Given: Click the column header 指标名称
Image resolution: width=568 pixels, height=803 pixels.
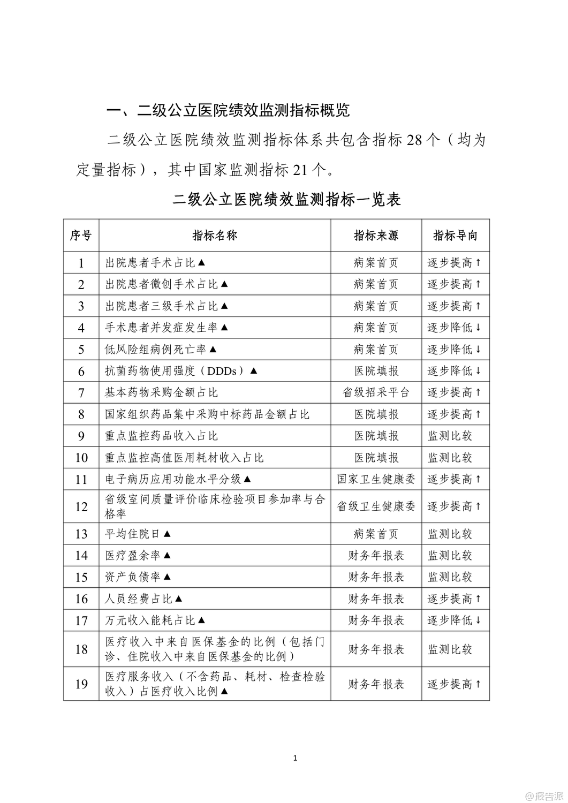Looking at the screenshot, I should point(215,235).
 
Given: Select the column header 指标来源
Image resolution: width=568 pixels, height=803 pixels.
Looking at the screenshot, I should point(376,235).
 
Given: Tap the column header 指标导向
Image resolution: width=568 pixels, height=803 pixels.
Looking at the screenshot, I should point(455,235).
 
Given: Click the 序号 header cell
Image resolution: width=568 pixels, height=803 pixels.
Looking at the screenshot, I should point(81,235).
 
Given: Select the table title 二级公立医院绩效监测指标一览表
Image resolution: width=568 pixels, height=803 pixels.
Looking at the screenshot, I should point(287,200).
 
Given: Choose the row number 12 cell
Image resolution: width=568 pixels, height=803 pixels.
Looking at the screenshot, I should point(81,506).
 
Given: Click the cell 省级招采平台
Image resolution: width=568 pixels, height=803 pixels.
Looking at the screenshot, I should point(376,392).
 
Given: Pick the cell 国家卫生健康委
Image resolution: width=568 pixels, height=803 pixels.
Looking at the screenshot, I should point(376,479).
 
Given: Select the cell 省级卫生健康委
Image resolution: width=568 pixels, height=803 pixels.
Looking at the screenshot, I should point(376,506).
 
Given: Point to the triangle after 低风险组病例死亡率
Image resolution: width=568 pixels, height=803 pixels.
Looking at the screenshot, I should point(213,349).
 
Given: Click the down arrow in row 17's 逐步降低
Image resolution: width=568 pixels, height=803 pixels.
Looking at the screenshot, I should point(478,620).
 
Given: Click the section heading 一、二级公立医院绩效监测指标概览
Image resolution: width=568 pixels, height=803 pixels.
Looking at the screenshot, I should point(229,110).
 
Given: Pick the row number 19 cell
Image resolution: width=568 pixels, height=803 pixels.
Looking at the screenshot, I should point(81,684).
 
